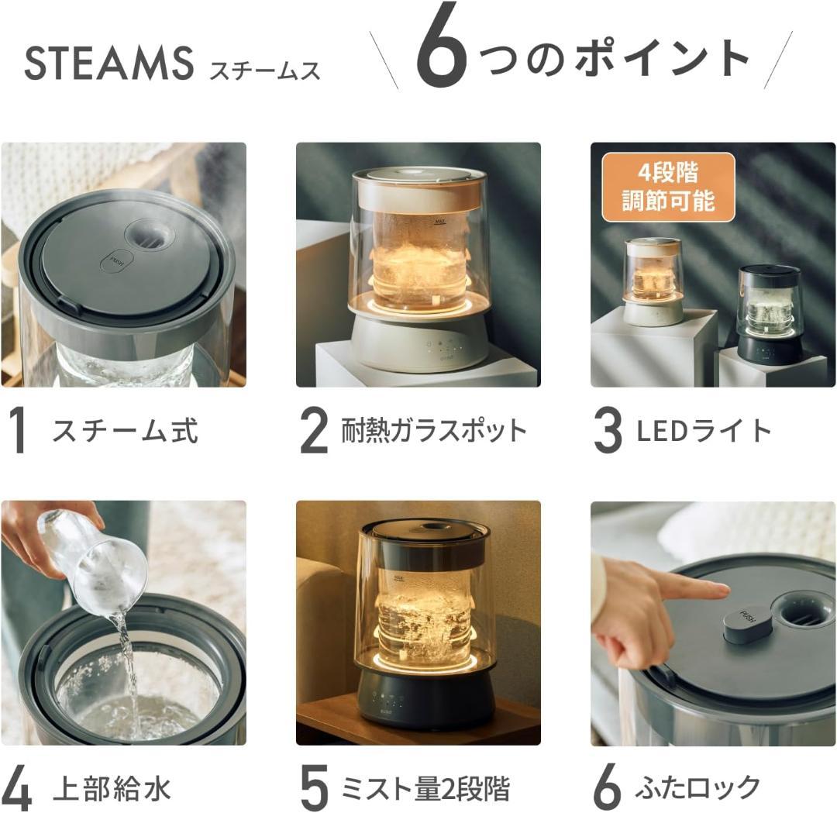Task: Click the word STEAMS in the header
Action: click(x=108, y=64)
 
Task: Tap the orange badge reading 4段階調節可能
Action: click(x=668, y=188)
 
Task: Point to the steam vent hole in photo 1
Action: click(x=150, y=235)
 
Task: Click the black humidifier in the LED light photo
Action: click(x=769, y=314)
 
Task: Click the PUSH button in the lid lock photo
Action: click(x=748, y=622)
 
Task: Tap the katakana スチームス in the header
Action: click(x=264, y=71)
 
